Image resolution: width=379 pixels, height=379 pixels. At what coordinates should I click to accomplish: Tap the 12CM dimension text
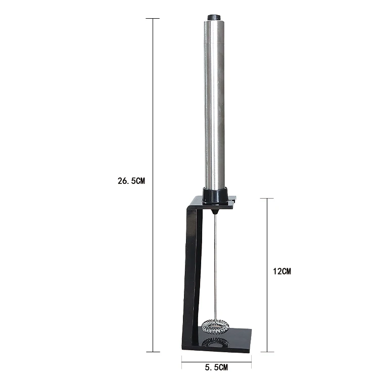click(282, 271)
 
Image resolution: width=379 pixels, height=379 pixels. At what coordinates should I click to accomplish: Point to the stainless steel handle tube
click(215, 101)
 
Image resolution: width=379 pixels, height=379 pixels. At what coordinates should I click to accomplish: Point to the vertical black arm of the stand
click(191, 273)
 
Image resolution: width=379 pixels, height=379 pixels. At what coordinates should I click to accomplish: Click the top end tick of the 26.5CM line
click(153, 19)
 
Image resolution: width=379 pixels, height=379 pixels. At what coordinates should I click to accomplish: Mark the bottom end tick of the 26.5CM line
click(153, 352)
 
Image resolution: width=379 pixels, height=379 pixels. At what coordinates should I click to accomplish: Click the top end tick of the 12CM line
click(267, 199)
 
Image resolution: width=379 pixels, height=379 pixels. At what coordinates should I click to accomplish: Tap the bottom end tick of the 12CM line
click(267, 352)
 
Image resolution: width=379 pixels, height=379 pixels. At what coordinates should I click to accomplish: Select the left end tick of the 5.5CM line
click(182, 361)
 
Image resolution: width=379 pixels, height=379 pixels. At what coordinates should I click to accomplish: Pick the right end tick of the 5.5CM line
click(252, 361)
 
